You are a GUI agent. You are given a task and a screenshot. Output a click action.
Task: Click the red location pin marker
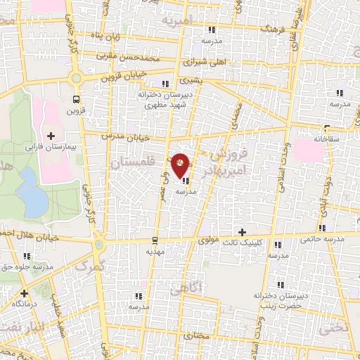[181, 165]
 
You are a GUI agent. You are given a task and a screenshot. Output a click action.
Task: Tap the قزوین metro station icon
[76, 99]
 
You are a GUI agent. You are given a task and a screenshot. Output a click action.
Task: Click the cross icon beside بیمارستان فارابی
[50, 135]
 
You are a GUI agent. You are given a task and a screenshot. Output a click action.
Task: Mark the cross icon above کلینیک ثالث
[243, 232]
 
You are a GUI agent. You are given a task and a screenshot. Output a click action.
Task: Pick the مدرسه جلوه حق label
[28, 266]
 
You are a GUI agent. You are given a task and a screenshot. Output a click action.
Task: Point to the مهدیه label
[155, 250]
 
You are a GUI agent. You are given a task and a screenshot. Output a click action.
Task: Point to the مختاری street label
[197, 336]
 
